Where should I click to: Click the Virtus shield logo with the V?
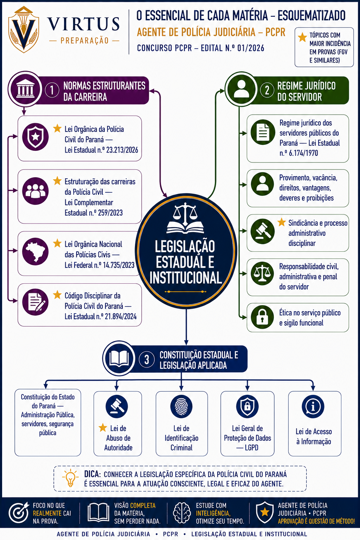point(24,30)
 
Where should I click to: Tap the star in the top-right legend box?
point(302,37)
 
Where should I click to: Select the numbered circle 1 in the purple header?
point(52,90)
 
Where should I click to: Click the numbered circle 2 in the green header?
point(267,90)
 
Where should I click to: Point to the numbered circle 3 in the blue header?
point(147,359)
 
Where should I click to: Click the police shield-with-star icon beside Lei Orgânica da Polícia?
point(36,137)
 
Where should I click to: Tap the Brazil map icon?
point(36,251)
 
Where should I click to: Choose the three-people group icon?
point(36,191)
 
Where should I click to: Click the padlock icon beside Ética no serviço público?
point(262,317)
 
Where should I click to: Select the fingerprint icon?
point(181,407)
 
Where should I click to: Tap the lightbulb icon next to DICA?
point(70,478)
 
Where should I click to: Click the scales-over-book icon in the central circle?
point(185,218)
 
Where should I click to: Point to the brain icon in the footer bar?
point(182,513)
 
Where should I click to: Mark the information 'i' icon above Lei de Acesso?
point(313,407)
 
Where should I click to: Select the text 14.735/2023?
point(118,265)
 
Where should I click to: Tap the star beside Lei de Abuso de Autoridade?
point(103,427)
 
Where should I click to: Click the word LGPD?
point(251,448)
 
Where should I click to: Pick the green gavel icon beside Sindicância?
point(262,231)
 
